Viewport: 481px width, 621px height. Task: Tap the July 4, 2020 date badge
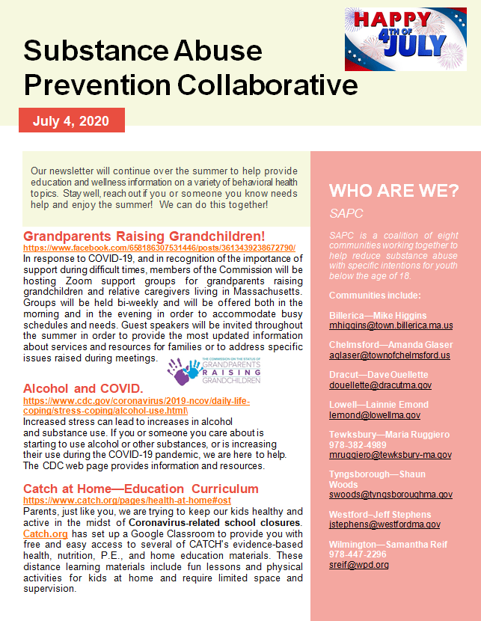click(x=72, y=120)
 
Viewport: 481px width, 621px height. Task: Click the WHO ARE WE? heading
click(x=393, y=190)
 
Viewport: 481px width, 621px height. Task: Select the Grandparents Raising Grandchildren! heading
click(x=144, y=236)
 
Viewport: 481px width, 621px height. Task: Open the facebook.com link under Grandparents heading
click(x=159, y=248)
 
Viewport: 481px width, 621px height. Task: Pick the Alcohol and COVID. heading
click(x=83, y=388)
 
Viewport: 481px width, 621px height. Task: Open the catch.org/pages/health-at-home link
click(x=128, y=499)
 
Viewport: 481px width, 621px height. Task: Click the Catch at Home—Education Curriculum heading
click(x=141, y=489)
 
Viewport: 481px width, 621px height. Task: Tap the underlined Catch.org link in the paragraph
click(x=46, y=534)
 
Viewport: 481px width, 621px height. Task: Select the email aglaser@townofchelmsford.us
click(x=389, y=355)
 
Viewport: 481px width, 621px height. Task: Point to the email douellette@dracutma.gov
click(x=380, y=385)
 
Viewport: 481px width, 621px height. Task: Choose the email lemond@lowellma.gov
click(x=374, y=414)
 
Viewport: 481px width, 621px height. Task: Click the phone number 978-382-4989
click(x=359, y=444)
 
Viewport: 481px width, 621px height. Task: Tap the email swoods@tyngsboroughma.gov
click(x=390, y=495)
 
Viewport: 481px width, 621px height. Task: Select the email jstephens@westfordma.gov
click(x=385, y=524)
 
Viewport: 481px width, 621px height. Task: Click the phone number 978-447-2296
click(x=359, y=554)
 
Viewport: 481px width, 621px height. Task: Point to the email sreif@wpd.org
click(x=358, y=565)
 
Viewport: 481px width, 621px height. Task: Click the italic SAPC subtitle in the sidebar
click(x=346, y=213)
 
